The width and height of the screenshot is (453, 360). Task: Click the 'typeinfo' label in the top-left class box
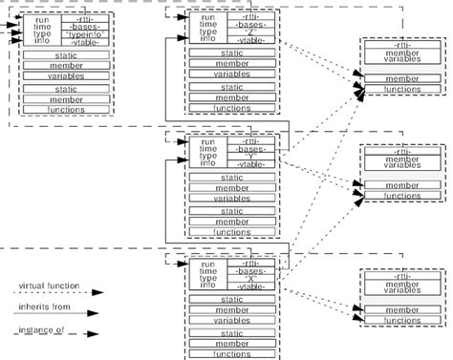click(x=85, y=34)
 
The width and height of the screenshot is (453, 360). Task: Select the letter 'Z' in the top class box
click(x=251, y=30)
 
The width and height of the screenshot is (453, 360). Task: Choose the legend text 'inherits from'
click(x=41, y=307)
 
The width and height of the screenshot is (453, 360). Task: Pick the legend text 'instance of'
click(x=38, y=330)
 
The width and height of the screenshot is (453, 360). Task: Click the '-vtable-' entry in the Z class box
click(x=251, y=39)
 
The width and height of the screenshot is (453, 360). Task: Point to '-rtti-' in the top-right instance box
click(x=401, y=46)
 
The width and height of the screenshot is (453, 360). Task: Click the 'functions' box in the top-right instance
click(x=401, y=89)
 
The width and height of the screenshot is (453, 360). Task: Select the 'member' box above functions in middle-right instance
click(x=401, y=183)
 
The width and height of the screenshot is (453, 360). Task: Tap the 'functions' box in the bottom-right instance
click(x=401, y=321)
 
